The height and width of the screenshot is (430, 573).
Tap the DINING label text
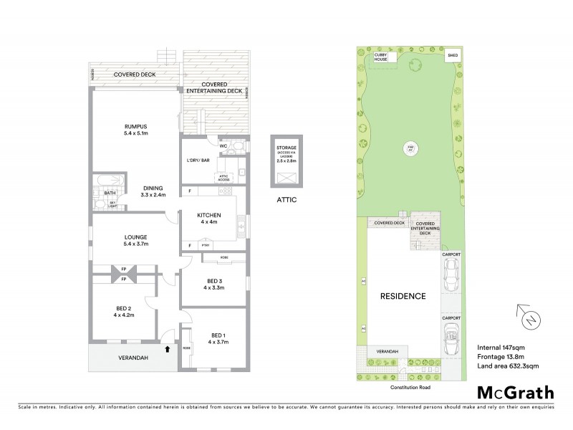coord(153,188)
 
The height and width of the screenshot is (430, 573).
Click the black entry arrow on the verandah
coord(168,350)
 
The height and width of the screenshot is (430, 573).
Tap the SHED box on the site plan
coord(452,54)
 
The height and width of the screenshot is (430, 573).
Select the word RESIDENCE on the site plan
coord(403,296)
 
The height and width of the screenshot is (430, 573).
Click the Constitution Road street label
coord(410,386)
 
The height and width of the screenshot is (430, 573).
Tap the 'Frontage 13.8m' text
coord(501,357)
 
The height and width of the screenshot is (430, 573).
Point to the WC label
coord(223,145)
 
